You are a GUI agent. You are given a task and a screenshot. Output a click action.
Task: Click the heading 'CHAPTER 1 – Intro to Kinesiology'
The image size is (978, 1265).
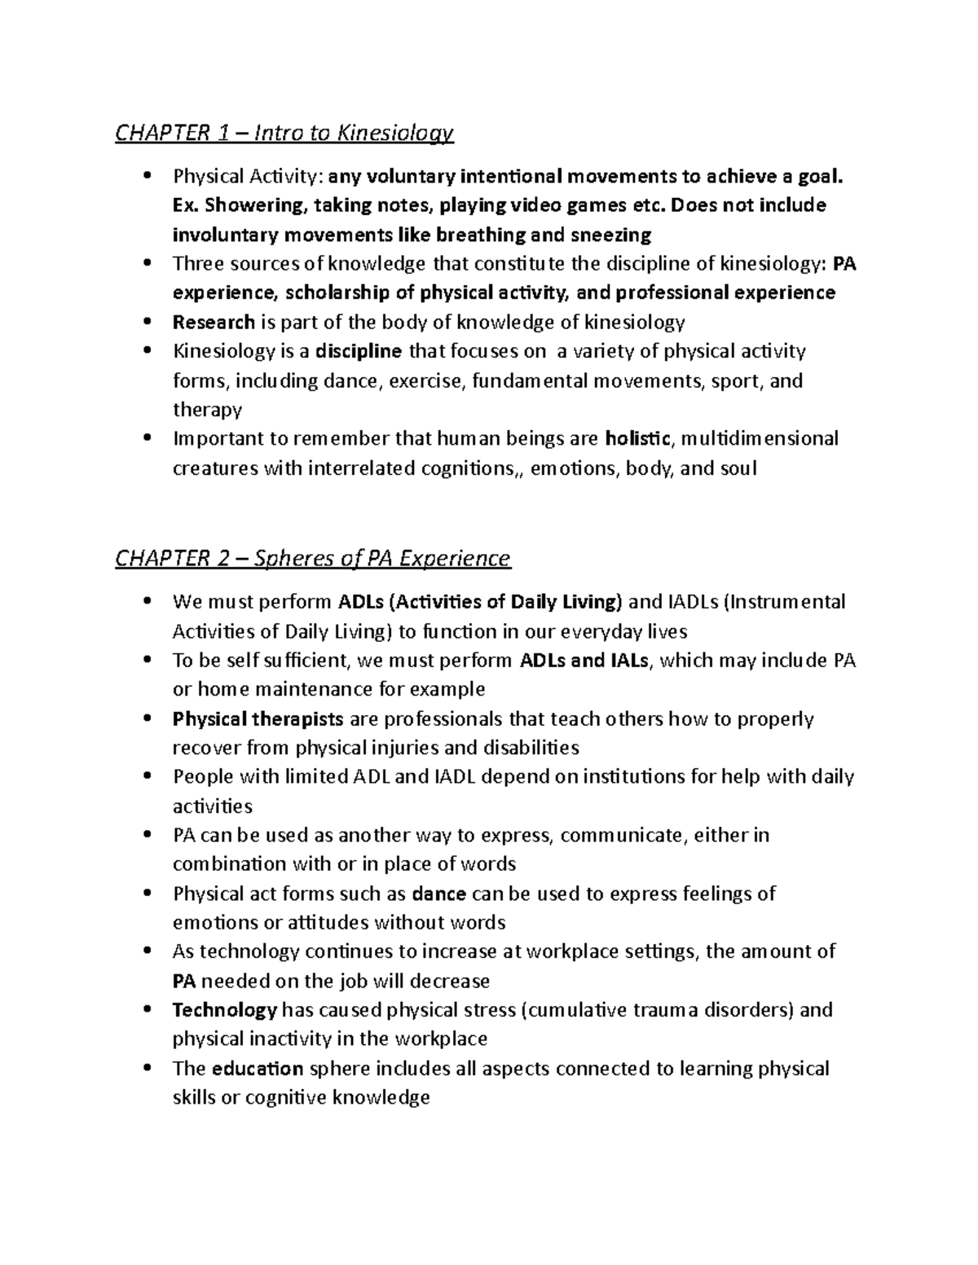click(284, 133)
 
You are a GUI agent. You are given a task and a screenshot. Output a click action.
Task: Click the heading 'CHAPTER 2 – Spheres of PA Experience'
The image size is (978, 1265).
click(312, 559)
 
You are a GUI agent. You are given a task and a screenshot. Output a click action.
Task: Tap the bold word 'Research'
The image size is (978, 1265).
click(214, 323)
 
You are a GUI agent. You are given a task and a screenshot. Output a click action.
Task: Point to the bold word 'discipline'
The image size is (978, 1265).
click(359, 352)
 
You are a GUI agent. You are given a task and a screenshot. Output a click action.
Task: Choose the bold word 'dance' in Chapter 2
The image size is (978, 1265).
click(439, 894)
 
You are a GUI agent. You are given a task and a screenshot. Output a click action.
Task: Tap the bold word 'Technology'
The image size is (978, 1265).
click(225, 1010)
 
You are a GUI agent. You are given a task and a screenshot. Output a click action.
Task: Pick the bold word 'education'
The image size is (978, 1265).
click(258, 1069)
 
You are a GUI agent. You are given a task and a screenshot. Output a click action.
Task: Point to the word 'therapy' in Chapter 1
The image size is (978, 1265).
click(207, 410)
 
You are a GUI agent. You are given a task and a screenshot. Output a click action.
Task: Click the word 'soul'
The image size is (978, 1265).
click(738, 468)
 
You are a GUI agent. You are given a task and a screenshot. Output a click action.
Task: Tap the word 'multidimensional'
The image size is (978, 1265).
click(759, 439)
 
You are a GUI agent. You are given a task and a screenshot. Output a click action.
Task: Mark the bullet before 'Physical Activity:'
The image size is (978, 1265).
click(147, 176)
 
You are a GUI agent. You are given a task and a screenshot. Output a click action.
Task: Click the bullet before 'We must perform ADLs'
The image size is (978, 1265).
click(147, 602)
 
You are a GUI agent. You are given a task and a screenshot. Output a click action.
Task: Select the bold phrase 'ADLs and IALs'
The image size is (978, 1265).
click(584, 661)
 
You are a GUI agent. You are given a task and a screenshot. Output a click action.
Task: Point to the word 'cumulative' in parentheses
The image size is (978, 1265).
click(575, 1010)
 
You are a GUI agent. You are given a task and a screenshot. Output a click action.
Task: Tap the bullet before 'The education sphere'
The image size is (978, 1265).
click(147, 1069)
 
